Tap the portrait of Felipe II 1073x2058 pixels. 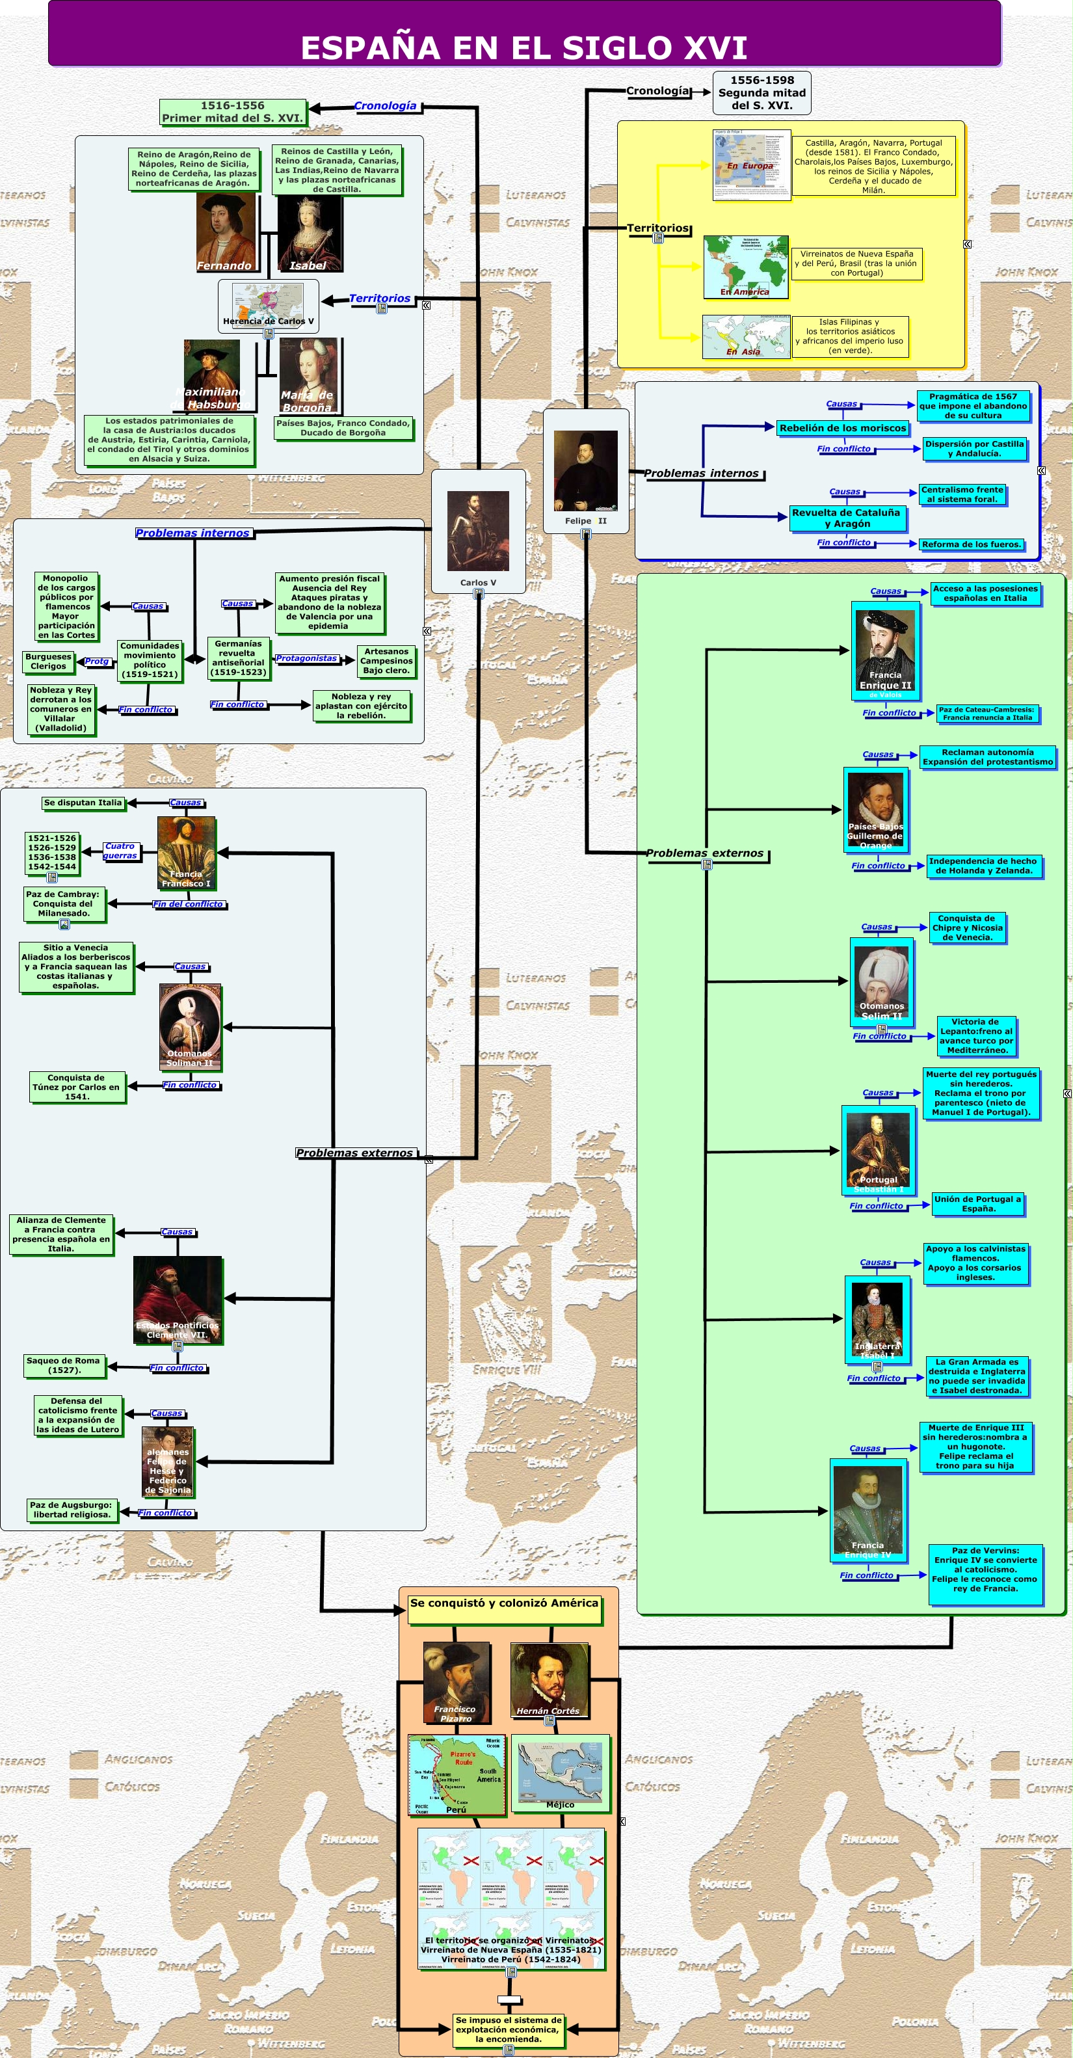[x=586, y=470]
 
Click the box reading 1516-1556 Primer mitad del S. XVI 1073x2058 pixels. [x=233, y=112]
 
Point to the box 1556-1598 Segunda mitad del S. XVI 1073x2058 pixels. [x=762, y=92]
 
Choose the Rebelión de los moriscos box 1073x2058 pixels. [x=842, y=428]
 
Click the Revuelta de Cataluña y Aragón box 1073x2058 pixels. [x=846, y=518]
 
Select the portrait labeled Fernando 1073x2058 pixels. [x=226, y=232]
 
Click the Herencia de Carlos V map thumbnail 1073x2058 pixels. [x=268, y=304]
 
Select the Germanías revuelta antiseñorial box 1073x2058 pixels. [x=238, y=658]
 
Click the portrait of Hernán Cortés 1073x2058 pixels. [x=549, y=1679]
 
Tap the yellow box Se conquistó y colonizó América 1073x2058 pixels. [x=504, y=1610]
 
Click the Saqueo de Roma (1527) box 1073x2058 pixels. [x=64, y=1365]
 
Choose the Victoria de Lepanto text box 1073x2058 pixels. [x=975, y=1036]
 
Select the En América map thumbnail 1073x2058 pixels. [x=745, y=266]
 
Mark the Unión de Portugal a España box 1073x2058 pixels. [x=977, y=1203]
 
